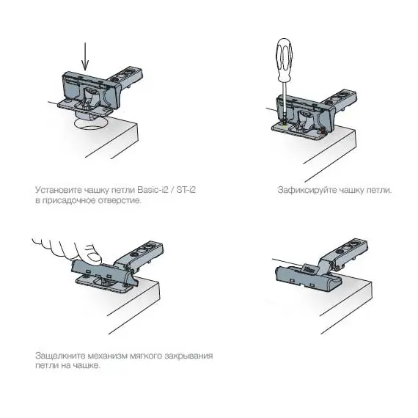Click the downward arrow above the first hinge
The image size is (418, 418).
[x=85, y=56]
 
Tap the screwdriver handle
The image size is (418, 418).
[x=285, y=60]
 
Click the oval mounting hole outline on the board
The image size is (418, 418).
[x=92, y=123]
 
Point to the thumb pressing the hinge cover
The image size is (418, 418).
[x=93, y=256]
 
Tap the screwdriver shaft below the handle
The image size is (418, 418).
[x=285, y=101]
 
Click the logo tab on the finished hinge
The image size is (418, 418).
[x=309, y=268]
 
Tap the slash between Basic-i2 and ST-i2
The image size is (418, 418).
[x=172, y=190]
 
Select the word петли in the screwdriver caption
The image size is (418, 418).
[x=379, y=191]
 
